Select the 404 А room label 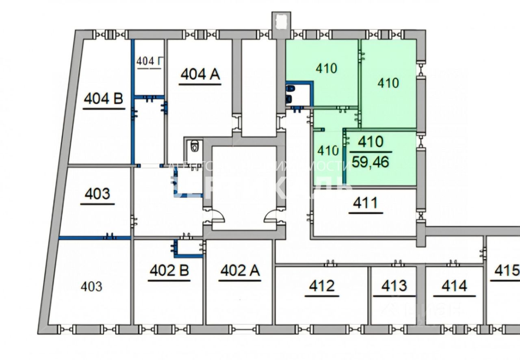(200, 74)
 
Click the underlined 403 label (97, 194)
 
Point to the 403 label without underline (91, 287)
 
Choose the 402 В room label (169, 270)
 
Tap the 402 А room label (240, 270)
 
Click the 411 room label (366, 202)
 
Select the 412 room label (321, 286)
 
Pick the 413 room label (394, 286)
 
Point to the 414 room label (454, 286)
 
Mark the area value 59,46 (370, 162)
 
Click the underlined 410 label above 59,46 (370, 142)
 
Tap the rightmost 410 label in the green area (388, 83)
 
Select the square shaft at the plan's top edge (281, 21)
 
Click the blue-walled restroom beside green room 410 (298, 93)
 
